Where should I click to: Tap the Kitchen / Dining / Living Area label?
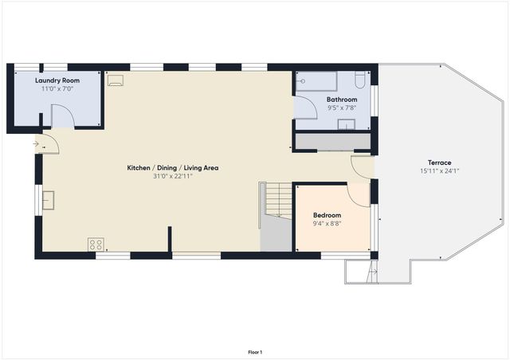[173, 168]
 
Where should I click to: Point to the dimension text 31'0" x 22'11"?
[173, 176]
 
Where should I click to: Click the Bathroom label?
[342, 100]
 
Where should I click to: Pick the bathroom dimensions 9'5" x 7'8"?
[342, 108]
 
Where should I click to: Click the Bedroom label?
[327, 216]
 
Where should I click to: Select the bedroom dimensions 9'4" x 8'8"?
[327, 224]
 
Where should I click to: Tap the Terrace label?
[435, 162]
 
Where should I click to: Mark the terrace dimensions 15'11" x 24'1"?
[435, 170]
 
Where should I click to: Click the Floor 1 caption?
[255, 352]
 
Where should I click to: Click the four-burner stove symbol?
[96, 245]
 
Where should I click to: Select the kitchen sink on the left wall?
[48, 200]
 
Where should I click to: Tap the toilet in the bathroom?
[360, 80]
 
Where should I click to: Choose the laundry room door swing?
[63, 116]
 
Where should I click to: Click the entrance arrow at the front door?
[36, 144]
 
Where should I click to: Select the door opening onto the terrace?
[363, 166]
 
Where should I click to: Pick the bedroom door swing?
[359, 195]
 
